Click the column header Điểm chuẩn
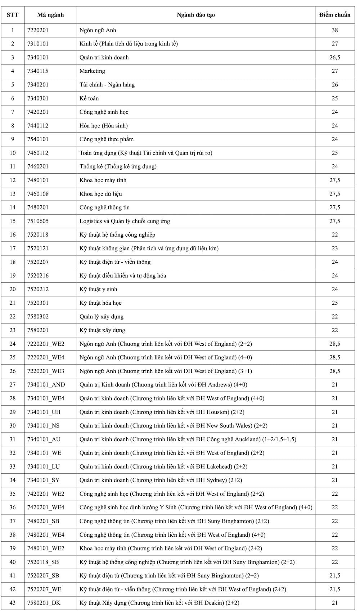coord(334,15)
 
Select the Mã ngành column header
coord(50,15)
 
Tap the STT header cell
coord(13,15)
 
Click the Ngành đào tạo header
coord(196,15)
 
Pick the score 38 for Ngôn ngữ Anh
coord(334,30)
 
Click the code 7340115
coord(38,71)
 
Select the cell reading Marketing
coord(93,71)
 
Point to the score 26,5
coord(334,57)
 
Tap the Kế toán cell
coord(89,98)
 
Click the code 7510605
coord(38,221)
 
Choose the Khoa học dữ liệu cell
coord(101,194)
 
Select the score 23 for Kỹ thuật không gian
coord(334,248)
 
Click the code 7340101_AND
coord(46,385)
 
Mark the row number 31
coord(13,439)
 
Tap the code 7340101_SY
coord(44,480)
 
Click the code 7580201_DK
coord(44,603)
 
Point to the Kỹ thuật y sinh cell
coord(98,289)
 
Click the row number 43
coord(13,603)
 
